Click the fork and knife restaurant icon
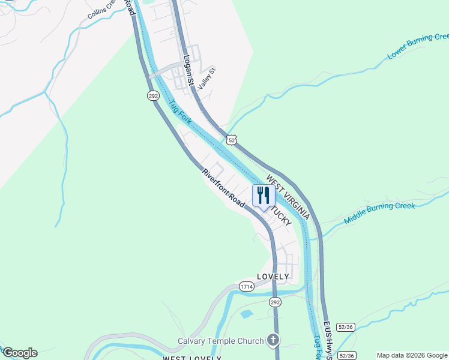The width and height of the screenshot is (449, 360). coord(264,195)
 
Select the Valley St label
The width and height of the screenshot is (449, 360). coord(206,79)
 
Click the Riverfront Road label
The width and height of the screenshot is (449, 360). coord(223,188)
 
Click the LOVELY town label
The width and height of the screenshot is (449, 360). coord(273,277)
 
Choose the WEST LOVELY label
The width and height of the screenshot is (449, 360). coord(192,358)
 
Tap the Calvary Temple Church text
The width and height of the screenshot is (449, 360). coord(220,341)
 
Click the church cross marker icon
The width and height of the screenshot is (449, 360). coord(273,340)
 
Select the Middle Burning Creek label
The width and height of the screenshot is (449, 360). coord(379,214)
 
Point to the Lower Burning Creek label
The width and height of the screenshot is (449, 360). coord(418,46)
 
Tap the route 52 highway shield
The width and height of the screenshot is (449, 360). coord(232,139)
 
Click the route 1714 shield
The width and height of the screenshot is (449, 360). coord(246,287)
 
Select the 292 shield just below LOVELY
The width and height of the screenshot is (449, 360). coord(275,301)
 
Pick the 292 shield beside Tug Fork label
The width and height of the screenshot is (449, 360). coord(153,95)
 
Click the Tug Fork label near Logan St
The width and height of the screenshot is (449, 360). coord(179,112)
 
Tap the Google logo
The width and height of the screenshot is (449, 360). coord(19,353)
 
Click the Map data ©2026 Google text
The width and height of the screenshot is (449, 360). coord(411,355)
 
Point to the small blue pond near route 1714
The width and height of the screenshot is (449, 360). coord(246,314)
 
